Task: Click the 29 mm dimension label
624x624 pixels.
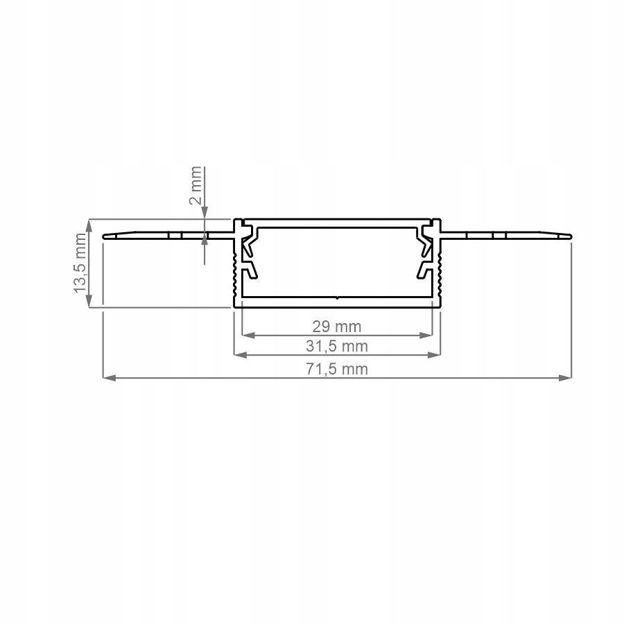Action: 337,325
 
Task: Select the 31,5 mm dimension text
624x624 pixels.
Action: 337,346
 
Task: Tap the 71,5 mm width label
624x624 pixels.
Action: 337,369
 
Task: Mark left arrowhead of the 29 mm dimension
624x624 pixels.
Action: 246,335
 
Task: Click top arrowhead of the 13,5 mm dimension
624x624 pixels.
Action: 89,223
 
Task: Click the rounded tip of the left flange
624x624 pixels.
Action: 105,236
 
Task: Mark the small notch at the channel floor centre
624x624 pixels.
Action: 336,298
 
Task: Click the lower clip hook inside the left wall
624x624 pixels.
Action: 250,270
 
